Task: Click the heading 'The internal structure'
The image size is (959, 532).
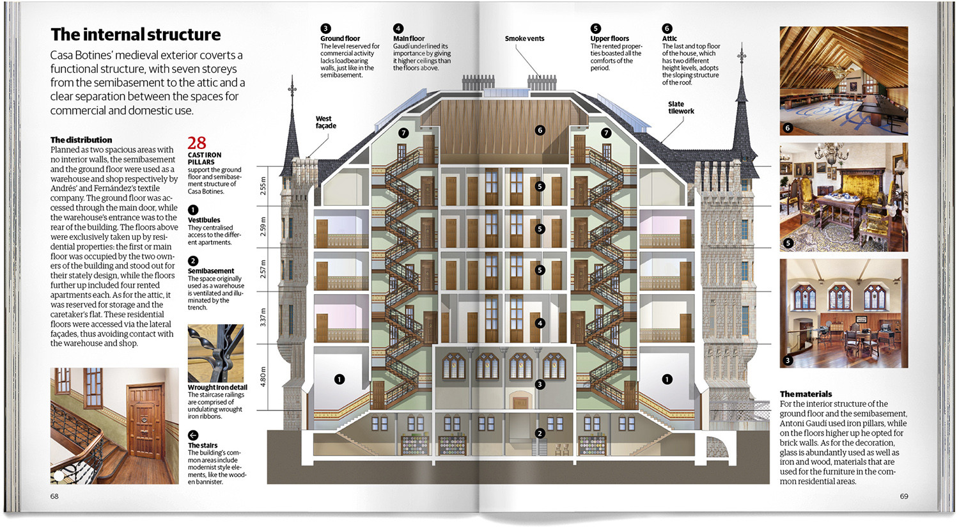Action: (x=136, y=35)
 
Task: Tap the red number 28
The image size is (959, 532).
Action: (x=197, y=143)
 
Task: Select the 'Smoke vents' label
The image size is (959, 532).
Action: (x=524, y=39)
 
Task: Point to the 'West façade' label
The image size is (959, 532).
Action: (x=325, y=122)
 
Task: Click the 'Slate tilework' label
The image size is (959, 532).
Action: (x=680, y=107)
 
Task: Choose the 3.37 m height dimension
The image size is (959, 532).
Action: (x=263, y=317)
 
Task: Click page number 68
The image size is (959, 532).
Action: (x=54, y=496)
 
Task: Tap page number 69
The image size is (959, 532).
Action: (x=904, y=496)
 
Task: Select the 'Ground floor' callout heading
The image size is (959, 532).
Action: (x=340, y=39)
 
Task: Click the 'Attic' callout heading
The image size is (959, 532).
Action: (x=669, y=39)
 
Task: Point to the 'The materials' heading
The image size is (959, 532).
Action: (x=806, y=394)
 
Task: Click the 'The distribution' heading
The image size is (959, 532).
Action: (x=81, y=140)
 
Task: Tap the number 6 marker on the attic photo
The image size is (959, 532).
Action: (x=788, y=128)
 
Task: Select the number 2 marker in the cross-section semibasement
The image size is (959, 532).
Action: (x=540, y=434)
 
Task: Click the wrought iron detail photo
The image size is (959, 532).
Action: (x=215, y=353)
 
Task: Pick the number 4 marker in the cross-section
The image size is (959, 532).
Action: (x=540, y=324)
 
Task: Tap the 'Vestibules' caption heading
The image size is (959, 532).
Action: (x=204, y=220)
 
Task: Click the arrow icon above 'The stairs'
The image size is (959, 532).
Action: (x=193, y=435)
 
